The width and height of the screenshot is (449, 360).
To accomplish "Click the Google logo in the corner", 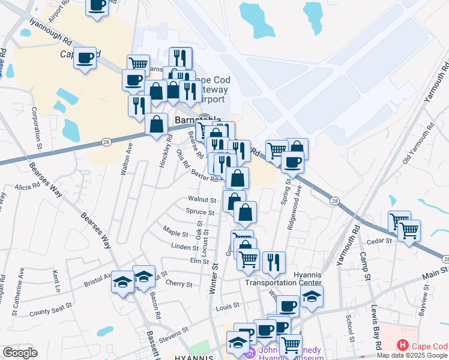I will [20, 353].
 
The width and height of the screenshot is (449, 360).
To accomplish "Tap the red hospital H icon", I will [402, 346].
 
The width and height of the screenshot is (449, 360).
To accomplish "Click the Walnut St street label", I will [202, 199].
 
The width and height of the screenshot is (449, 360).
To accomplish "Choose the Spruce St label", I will [200, 212].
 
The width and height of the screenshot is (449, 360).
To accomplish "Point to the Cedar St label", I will [380, 241].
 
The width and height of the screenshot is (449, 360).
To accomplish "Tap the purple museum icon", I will [250, 353].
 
